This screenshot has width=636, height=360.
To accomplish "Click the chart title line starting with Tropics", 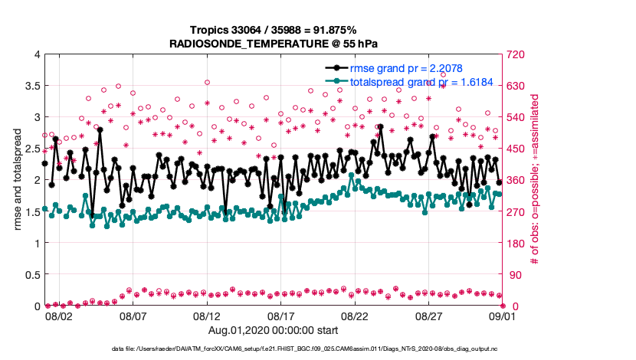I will (274, 30).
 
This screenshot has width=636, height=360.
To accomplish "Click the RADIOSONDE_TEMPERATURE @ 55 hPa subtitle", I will (274, 44).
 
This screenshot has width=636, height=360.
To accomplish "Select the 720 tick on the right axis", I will (515, 54).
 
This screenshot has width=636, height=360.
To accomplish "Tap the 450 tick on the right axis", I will (515, 149).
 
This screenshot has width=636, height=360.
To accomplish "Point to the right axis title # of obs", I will (536, 181).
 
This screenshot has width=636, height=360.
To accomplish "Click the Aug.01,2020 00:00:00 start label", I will (274, 329).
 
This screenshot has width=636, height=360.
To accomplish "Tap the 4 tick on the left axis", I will (36, 54).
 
